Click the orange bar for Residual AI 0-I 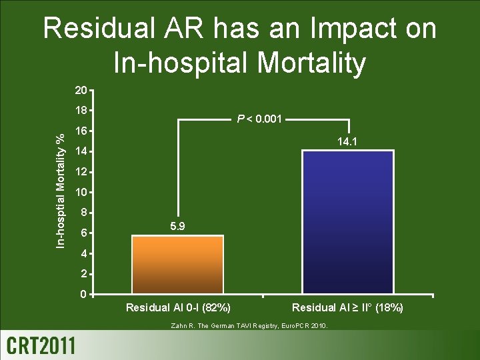point(177,265)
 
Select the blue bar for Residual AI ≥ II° point(347,222)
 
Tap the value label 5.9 point(177,227)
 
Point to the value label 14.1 point(347,141)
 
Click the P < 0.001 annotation point(260,119)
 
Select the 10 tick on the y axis point(80,193)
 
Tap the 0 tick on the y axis point(83,294)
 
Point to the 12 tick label point(80,172)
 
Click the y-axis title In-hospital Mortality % point(60,191)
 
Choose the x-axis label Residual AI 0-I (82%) point(179,307)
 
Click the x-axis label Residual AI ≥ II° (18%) point(347,307)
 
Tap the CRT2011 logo point(41,345)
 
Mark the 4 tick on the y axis point(83,253)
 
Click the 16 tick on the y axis point(80,131)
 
